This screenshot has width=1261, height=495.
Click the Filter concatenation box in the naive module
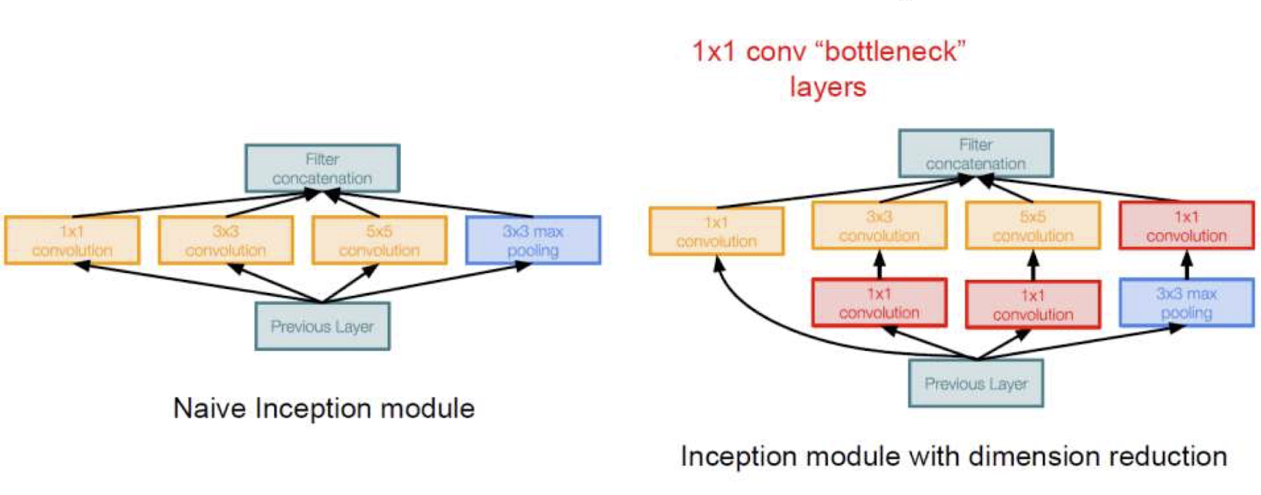point(322,168)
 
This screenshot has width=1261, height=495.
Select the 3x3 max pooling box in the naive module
point(533,241)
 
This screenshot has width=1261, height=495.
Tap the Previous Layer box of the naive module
point(322,326)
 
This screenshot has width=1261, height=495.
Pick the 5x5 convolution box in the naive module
point(379,241)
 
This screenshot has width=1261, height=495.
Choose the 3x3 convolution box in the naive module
point(225,241)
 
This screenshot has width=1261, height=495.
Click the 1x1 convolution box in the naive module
point(72,241)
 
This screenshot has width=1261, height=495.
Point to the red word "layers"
point(827,86)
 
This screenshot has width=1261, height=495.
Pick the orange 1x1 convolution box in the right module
point(716,231)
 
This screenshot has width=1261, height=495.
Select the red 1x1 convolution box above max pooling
point(1186,226)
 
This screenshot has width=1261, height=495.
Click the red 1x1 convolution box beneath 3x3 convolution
point(879,303)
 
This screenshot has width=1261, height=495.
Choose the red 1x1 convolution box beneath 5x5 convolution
point(1033,305)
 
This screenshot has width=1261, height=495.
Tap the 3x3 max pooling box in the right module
point(1186,303)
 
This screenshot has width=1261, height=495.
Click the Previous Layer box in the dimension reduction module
point(976,383)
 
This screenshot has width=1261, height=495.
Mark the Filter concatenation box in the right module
point(975,153)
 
